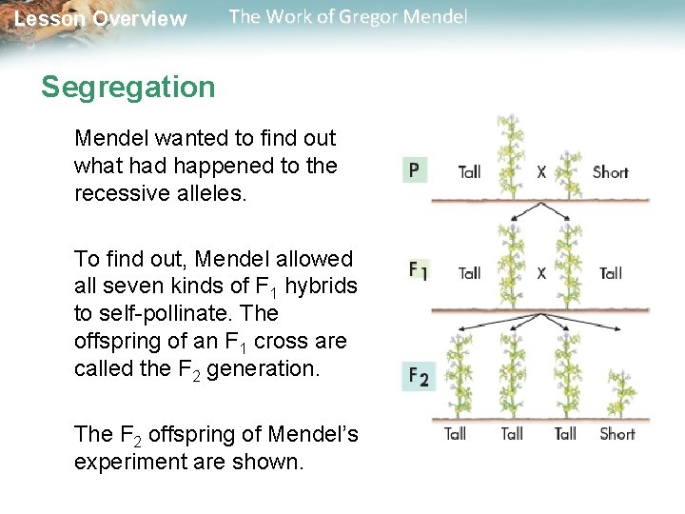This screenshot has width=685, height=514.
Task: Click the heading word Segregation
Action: (x=128, y=88)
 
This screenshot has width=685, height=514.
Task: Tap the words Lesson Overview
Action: (x=101, y=19)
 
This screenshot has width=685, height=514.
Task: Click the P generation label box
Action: (x=414, y=171)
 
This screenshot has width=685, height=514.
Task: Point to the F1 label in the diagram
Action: (x=419, y=271)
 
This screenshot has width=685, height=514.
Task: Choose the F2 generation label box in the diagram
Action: (x=419, y=377)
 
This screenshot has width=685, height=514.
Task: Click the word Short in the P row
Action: (x=610, y=172)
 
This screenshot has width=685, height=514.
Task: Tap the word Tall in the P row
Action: (x=469, y=172)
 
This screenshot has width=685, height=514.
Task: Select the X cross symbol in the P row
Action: (x=541, y=172)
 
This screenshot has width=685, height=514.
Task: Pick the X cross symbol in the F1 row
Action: (x=541, y=273)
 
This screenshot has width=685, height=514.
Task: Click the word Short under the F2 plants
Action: (x=616, y=434)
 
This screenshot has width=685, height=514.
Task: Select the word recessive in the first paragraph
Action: (x=117, y=192)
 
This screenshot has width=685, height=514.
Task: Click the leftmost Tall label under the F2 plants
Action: (x=455, y=434)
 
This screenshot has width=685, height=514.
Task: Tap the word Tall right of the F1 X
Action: (x=610, y=273)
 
